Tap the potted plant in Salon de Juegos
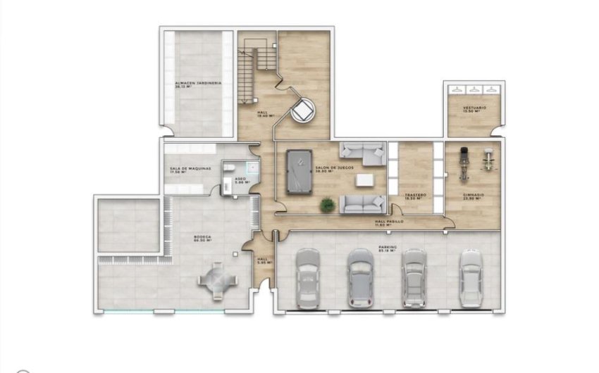click(327, 205)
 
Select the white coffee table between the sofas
click(366, 180)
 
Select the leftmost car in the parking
click(307, 278)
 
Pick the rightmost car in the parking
click(470, 278)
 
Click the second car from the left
click(359, 278)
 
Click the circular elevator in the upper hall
click(304, 111)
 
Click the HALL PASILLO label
click(389, 222)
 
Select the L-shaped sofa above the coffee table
click(363, 153)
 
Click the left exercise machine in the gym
click(464, 162)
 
